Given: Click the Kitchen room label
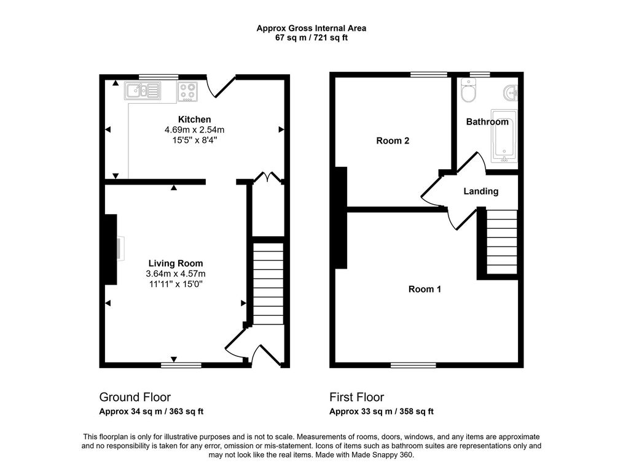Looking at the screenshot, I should (x=194, y=119).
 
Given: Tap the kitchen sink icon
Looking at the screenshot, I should (x=142, y=91).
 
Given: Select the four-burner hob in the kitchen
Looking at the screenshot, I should (x=187, y=91).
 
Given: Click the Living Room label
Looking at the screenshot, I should (x=176, y=263).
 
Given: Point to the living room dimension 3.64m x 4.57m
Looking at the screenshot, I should (x=176, y=274).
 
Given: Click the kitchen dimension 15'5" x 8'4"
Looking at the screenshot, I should (x=194, y=140).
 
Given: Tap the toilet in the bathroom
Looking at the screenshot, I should (x=468, y=93).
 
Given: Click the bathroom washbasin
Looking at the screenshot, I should (x=511, y=93).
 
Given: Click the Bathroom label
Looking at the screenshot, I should (x=487, y=121).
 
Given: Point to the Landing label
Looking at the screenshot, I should (x=480, y=191).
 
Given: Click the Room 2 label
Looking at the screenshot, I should (x=393, y=140).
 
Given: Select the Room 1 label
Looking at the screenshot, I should (x=425, y=289).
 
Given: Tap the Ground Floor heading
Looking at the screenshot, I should (x=135, y=397).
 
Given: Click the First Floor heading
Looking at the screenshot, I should (x=356, y=397).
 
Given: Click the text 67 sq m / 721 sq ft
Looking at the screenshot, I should (x=311, y=37).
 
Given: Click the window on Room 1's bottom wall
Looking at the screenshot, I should (x=413, y=365).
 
